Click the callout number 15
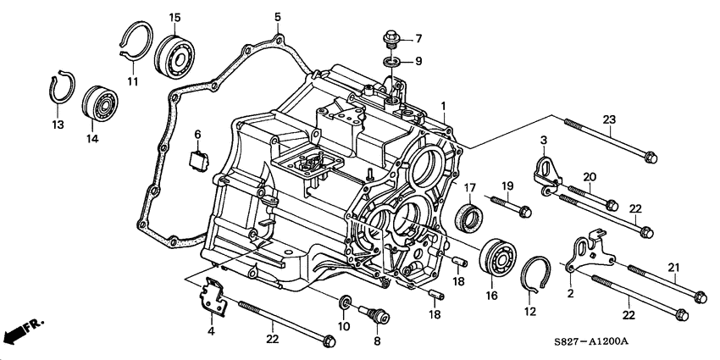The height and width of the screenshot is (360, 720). (x=174, y=18)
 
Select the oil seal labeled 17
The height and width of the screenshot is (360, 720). (x=469, y=216)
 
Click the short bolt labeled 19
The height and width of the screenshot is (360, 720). (x=510, y=206)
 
